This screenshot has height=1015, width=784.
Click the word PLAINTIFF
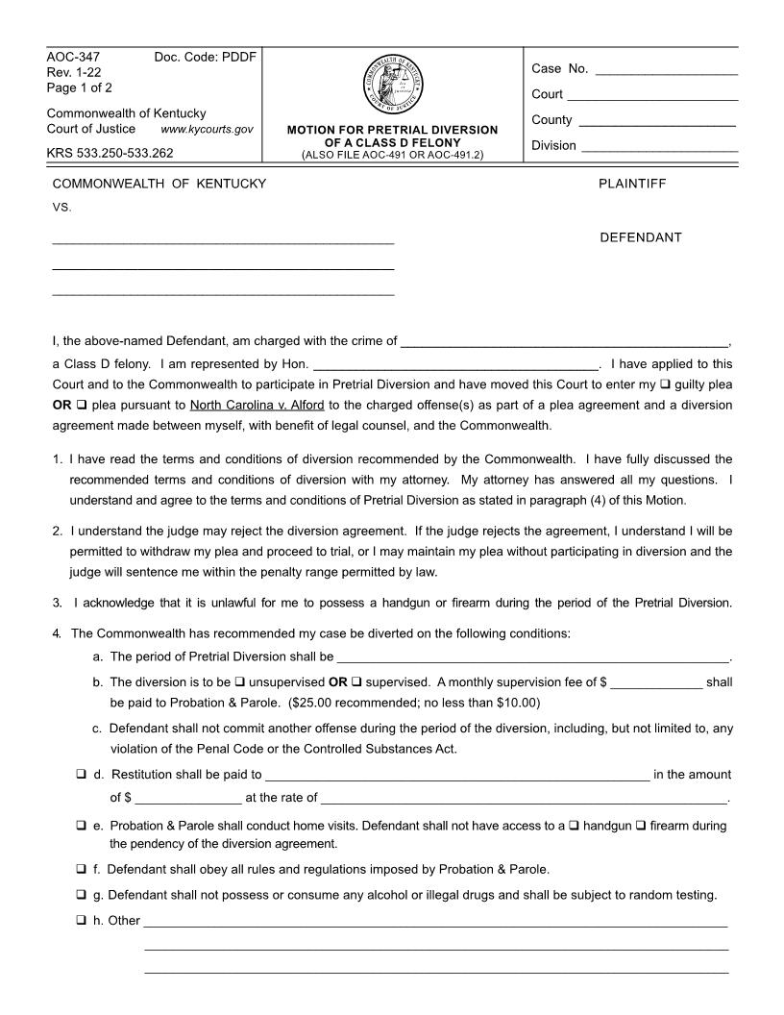631,184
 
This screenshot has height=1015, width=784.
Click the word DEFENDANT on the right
641,237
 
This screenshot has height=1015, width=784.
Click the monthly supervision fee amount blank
656,683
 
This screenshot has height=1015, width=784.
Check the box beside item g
81,895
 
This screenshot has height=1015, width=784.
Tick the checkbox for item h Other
81,921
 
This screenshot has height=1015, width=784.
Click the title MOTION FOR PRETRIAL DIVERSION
393,130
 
